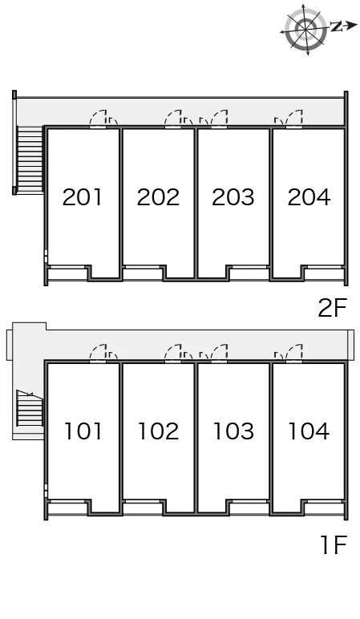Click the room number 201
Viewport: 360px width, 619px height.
click(x=82, y=197)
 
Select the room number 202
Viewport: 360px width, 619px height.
click(x=158, y=197)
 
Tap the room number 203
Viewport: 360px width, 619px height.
click(x=233, y=197)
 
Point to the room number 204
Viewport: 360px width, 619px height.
click(x=309, y=197)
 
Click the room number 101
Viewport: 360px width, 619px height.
click(x=83, y=431)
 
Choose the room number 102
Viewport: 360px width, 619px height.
click(x=158, y=431)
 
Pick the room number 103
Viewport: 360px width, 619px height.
click(x=233, y=431)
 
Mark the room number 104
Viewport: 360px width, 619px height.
click(x=309, y=431)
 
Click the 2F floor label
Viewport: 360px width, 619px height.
click(x=332, y=308)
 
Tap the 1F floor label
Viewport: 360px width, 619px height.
click(x=334, y=544)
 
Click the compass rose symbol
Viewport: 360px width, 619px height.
click(x=306, y=29)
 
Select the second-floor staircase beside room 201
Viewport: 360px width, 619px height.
click(x=30, y=160)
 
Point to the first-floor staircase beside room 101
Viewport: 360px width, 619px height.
click(x=30, y=408)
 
